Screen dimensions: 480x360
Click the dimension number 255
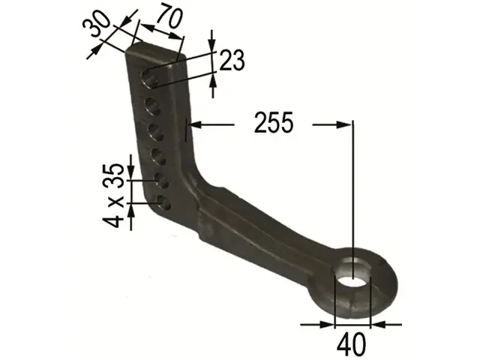pos(274,122)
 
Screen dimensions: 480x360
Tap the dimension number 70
pos(169,16)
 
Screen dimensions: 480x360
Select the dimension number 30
pos(97,24)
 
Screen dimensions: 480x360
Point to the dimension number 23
pos(232,60)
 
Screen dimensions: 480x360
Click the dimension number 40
pos(351,343)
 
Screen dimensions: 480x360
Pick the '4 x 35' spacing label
pos(113,196)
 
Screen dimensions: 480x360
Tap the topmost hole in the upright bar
pos(150,78)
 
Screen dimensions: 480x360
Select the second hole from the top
pos(153,107)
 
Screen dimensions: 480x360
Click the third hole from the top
pos(157,133)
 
